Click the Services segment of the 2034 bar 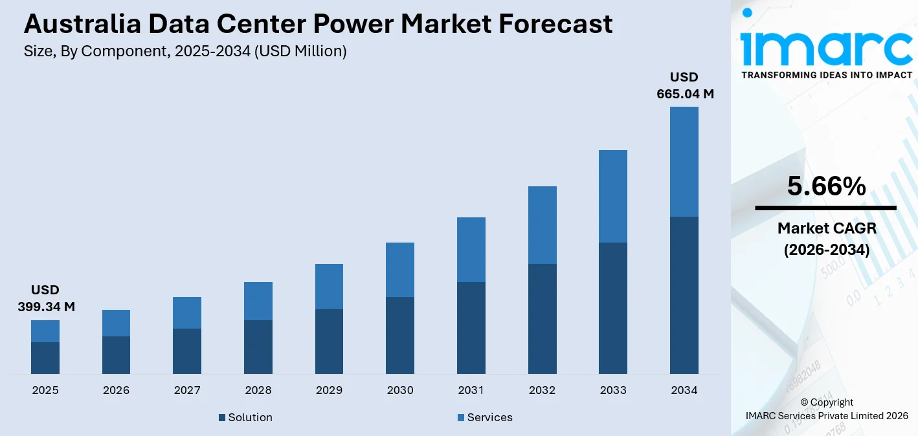(x=684, y=162)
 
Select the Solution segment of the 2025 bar (x=45, y=358)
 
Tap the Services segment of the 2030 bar (x=400, y=270)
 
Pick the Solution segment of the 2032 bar (x=542, y=318)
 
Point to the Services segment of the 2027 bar (x=187, y=312)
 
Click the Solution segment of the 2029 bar (x=329, y=341)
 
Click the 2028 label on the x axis (x=258, y=391)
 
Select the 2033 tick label (x=613, y=391)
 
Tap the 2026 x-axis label (x=116, y=391)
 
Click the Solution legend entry (x=245, y=418)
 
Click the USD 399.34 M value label (x=45, y=298)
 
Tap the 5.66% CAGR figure (x=826, y=186)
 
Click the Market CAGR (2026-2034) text (x=826, y=238)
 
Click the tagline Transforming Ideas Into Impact (x=826, y=75)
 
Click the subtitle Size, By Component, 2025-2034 (x=185, y=52)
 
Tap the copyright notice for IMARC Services (x=826, y=409)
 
